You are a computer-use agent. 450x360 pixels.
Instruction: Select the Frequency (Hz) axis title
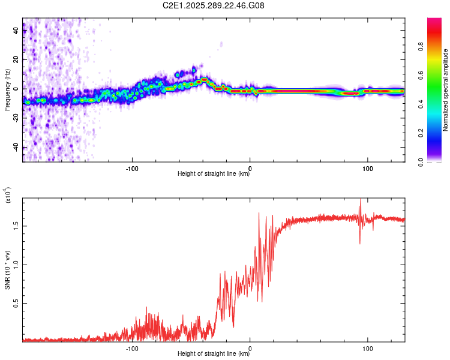pos(7,90)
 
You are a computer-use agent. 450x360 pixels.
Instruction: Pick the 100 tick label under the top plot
pos(367,167)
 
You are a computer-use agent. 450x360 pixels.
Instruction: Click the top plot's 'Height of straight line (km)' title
pos(214,174)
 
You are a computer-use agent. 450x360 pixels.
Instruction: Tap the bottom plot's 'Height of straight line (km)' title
pos(214,354)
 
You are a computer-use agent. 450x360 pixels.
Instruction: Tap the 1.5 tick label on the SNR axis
pos(16,226)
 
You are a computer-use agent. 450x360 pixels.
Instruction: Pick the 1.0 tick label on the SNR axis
pos(16,265)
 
